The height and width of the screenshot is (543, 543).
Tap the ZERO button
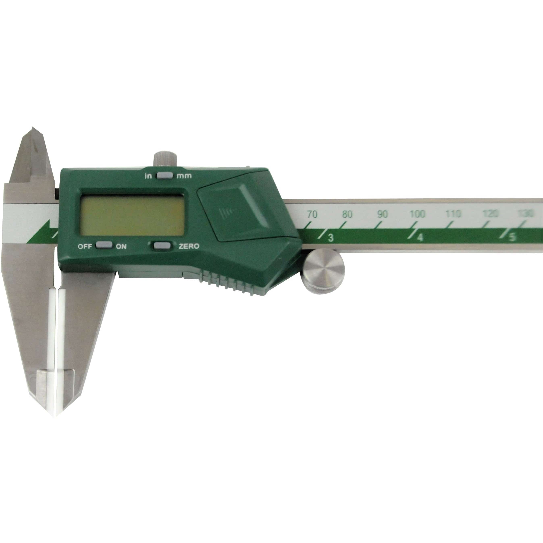(162, 246)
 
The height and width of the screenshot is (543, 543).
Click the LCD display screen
(132, 216)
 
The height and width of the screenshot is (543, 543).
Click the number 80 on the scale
(347, 214)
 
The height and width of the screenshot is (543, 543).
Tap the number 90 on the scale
(382, 214)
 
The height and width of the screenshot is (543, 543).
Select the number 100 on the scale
(417, 214)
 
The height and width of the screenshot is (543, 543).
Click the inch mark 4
(420, 238)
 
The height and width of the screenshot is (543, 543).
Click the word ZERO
(189, 246)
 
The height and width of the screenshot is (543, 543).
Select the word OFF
(85, 247)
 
